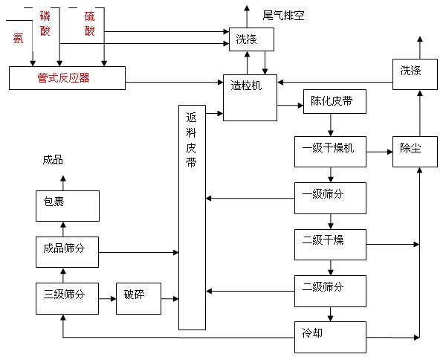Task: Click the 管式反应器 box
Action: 67,77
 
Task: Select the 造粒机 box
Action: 250,97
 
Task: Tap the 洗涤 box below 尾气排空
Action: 250,39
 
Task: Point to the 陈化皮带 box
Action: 334,102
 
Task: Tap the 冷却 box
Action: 330,335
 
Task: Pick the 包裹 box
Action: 67,205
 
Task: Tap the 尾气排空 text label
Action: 283,15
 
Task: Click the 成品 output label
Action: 53,159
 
